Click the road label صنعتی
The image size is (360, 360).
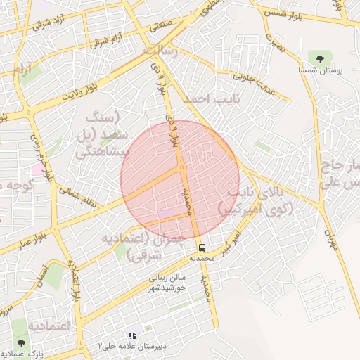(x=161, y=24)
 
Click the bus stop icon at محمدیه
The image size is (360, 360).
(x=202, y=247)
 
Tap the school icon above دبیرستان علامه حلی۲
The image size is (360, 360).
(x=131, y=335)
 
